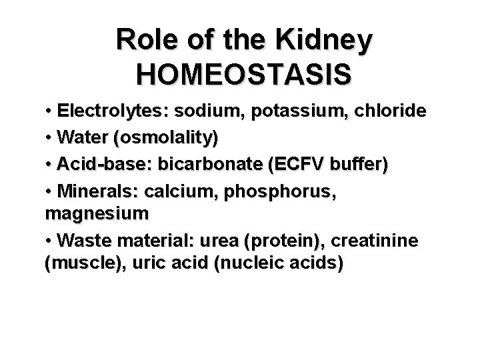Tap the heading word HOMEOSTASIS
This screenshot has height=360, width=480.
point(243,74)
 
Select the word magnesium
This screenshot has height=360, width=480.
point(97,214)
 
